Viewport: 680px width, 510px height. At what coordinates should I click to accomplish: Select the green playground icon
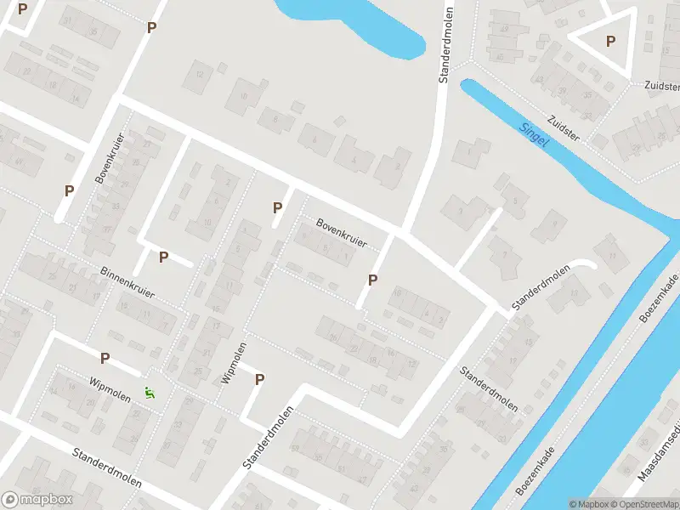[150, 393]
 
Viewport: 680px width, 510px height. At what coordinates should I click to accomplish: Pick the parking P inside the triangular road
[610, 41]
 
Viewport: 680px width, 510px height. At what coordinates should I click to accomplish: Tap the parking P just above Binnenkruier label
[163, 257]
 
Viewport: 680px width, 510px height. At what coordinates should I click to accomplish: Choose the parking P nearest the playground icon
[105, 359]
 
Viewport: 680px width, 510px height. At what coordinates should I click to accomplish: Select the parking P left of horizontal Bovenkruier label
[277, 207]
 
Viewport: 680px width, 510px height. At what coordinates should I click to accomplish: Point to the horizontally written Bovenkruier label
[341, 232]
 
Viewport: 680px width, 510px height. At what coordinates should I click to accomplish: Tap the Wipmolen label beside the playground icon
[110, 389]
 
